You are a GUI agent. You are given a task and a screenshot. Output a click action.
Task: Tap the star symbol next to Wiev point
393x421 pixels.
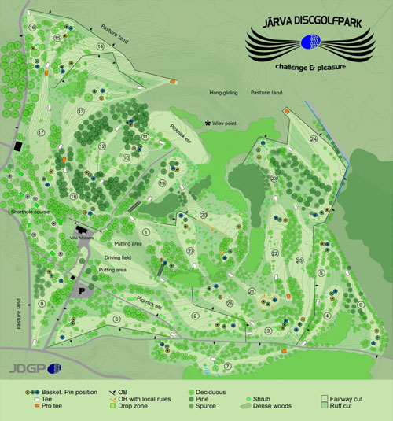click(x=208, y=124)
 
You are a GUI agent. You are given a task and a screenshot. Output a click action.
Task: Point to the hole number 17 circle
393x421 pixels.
click(x=40, y=132)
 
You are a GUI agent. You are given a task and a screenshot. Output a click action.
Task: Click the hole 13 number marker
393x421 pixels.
click(x=80, y=111)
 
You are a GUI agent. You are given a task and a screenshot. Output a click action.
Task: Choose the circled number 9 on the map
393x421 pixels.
click(x=41, y=303)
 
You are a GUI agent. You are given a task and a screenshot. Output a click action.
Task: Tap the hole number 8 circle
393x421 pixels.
click(x=117, y=318)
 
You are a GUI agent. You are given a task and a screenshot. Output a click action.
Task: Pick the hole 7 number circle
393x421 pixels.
click(x=229, y=366)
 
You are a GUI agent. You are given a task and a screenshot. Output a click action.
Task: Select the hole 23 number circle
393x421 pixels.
click(x=274, y=179)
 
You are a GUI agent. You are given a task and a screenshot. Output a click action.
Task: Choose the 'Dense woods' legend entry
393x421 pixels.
click(x=272, y=407)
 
